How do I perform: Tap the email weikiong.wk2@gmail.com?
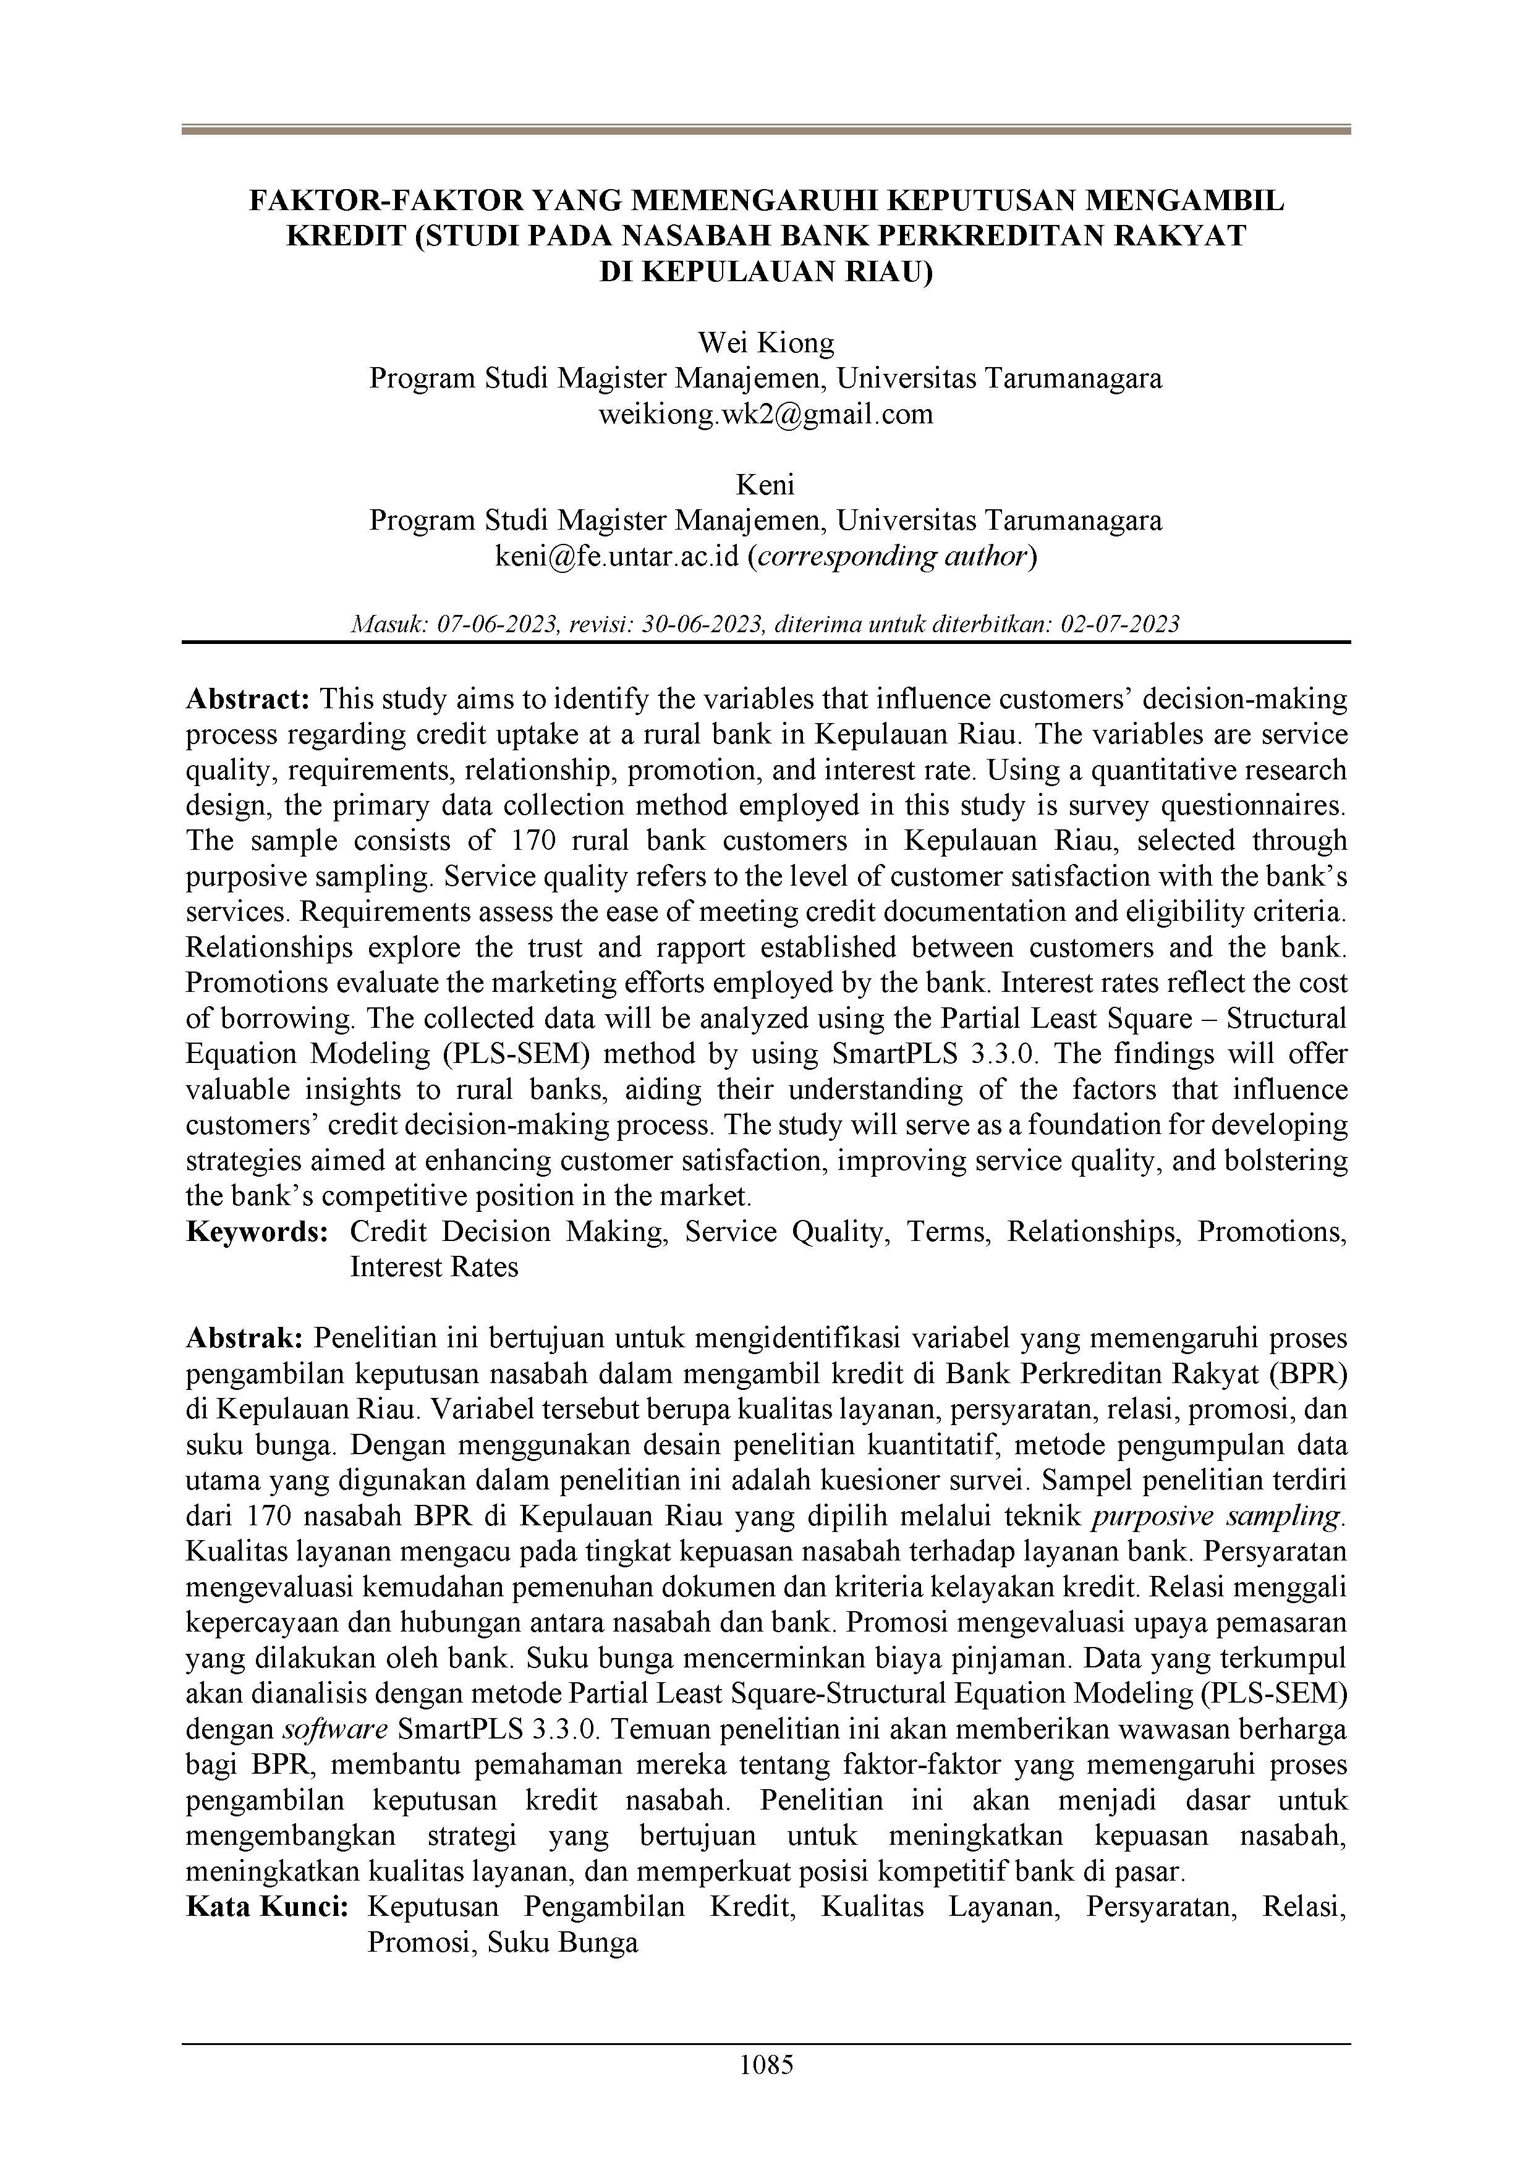point(765,413)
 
